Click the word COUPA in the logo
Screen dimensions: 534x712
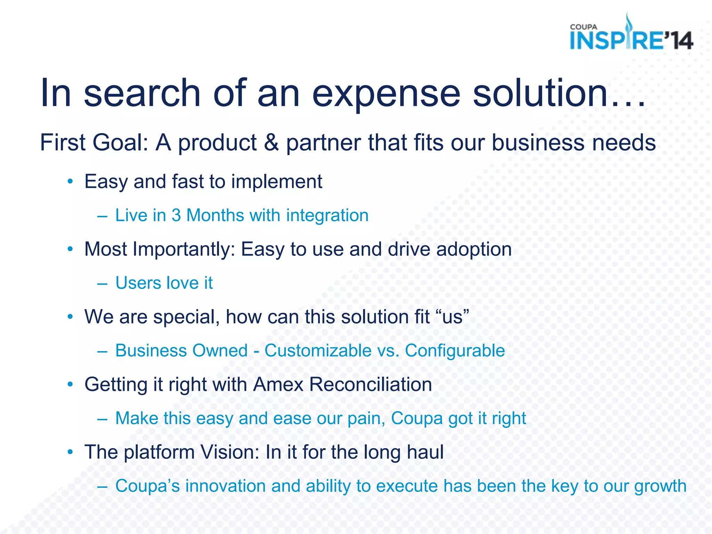(x=583, y=27)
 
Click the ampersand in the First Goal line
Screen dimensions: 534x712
(x=271, y=143)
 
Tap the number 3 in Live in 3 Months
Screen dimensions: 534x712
(x=176, y=215)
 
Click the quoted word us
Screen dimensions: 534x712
(x=452, y=317)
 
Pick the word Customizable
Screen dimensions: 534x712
(x=318, y=350)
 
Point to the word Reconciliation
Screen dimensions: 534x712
(x=370, y=385)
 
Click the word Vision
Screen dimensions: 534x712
(x=230, y=452)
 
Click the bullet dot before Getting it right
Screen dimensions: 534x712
(x=71, y=384)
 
